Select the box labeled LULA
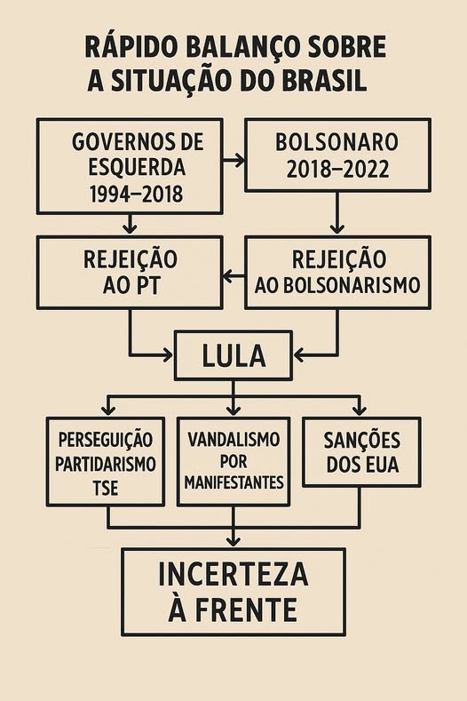click(x=233, y=356)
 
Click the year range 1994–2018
click(x=136, y=194)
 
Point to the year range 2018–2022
click(x=337, y=170)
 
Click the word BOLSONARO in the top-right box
click(x=336, y=142)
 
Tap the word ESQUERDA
click(x=137, y=167)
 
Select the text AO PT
click(x=131, y=286)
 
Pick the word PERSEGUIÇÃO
click(x=106, y=441)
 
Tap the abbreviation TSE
click(x=106, y=488)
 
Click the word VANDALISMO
click(x=233, y=440)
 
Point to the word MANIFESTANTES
click(x=234, y=482)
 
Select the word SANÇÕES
click(x=362, y=441)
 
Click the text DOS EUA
click(x=362, y=465)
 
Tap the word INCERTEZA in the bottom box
click(x=233, y=575)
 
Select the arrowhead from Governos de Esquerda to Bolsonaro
click(x=240, y=160)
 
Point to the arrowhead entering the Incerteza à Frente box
click(x=233, y=541)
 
